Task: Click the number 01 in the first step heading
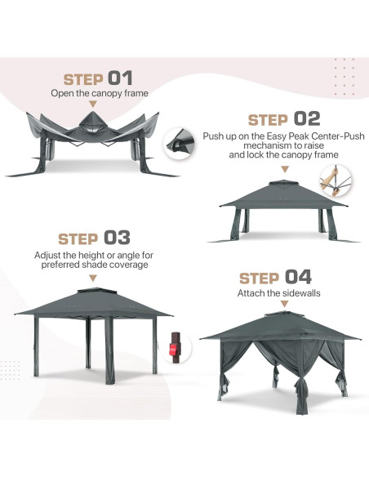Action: point(120,78)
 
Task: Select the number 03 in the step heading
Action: point(116,238)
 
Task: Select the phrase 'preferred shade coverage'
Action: point(93,264)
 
